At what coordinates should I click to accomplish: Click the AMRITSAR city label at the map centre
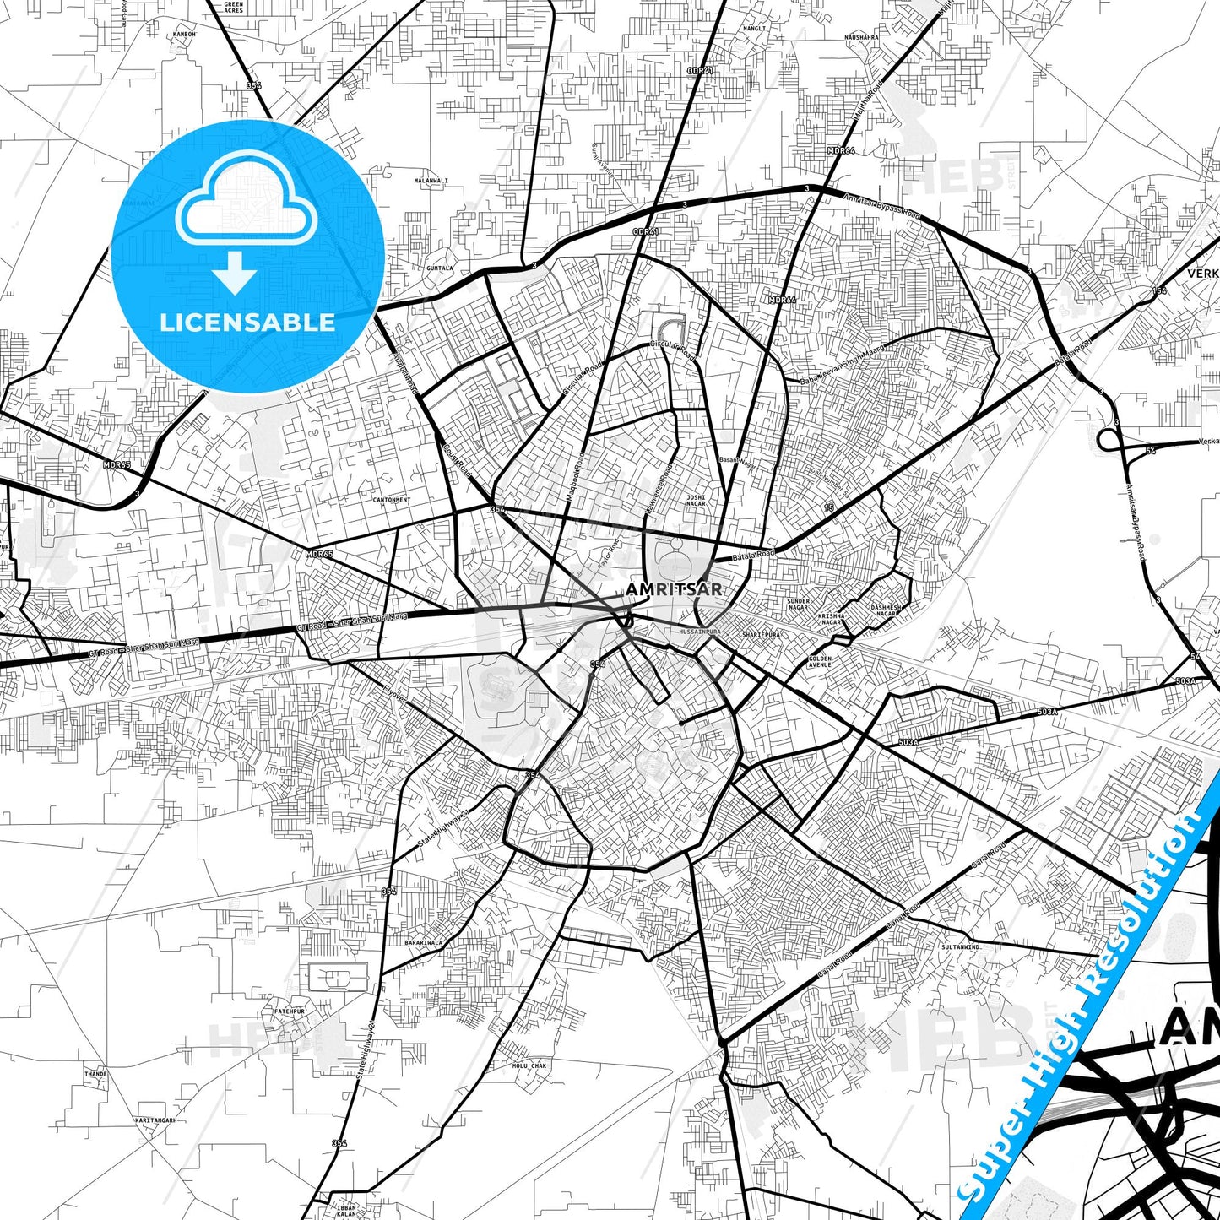674,589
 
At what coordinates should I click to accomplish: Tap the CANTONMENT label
392,500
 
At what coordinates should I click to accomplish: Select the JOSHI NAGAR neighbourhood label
696,501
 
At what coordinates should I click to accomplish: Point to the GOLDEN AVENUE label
820,662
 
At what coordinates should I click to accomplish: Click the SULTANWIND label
961,947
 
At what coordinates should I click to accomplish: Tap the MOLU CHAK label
529,1065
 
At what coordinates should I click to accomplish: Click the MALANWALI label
431,181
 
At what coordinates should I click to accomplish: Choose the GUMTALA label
440,268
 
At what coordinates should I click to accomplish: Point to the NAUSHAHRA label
861,37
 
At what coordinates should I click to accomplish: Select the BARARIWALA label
424,941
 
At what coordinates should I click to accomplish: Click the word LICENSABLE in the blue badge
247,323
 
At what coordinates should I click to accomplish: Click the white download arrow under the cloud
235,274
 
